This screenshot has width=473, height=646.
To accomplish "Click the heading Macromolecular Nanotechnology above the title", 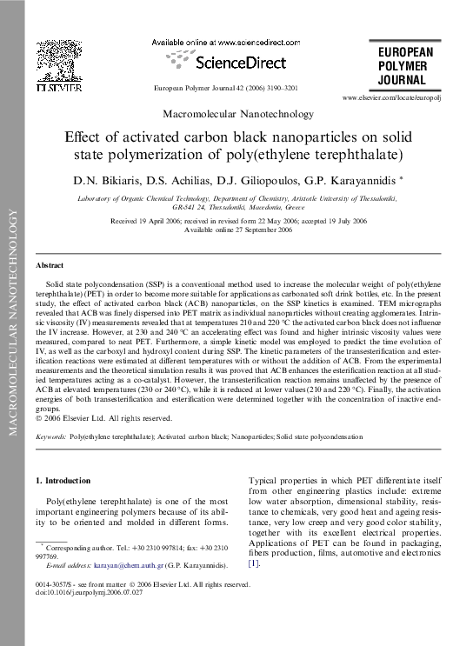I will [x=225, y=114].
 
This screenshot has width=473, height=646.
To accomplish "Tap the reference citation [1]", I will [x=254, y=563].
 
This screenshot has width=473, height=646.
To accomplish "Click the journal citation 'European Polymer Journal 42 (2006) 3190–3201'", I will [x=225, y=90].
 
